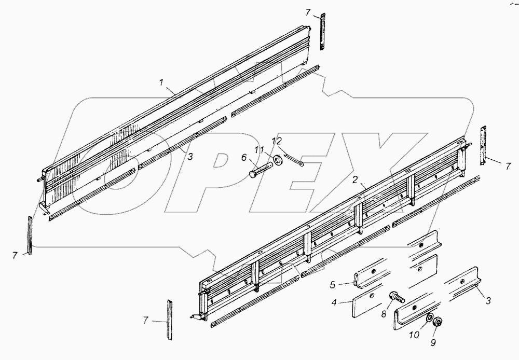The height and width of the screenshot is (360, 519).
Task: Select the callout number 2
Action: [x=355, y=180]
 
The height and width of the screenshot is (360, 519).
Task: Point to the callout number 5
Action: [x=334, y=284]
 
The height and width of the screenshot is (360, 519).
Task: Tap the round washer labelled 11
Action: [x=278, y=159]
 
